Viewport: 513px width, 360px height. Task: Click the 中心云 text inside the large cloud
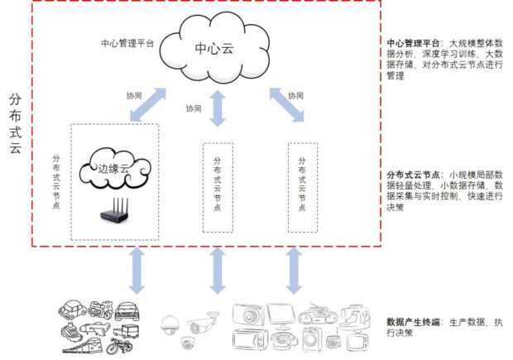coord(214,49)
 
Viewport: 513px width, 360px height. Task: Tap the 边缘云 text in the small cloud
coord(113,169)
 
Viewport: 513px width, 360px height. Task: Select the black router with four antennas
coord(114,210)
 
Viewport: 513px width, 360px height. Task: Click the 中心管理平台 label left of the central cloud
coord(127,43)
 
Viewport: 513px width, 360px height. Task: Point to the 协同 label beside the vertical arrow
coord(194,108)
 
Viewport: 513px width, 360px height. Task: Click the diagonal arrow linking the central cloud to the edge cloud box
coord(148,105)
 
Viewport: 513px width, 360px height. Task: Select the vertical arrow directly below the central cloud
coord(218,108)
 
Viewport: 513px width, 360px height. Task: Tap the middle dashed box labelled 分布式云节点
coord(218,188)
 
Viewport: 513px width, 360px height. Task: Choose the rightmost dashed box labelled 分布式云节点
coord(303,188)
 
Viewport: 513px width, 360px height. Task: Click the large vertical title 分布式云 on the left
coord(16,123)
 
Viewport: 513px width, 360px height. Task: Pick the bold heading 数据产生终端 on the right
coord(413,322)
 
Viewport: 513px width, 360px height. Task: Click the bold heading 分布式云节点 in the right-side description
coord(413,175)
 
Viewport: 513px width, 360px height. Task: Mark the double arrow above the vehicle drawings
coord(137,271)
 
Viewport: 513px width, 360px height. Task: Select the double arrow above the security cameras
coord(218,271)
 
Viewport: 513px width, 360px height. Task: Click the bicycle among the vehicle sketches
coord(119,346)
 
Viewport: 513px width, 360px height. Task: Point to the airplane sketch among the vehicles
coord(95,328)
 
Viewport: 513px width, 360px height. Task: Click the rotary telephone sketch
coord(284,340)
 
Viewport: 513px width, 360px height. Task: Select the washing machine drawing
coord(311,339)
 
